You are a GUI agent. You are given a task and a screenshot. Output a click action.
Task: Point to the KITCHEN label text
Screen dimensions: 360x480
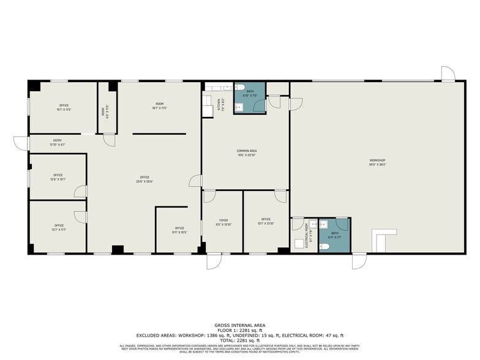click(219, 106)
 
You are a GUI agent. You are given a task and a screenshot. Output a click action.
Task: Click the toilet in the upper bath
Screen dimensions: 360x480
click(243, 86)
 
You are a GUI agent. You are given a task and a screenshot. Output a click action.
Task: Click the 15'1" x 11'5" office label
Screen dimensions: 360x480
click(64, 108)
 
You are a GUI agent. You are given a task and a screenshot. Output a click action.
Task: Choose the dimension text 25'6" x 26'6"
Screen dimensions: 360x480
click(144, 181)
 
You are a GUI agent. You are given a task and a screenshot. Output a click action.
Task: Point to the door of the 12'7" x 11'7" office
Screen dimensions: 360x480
click(80, 216)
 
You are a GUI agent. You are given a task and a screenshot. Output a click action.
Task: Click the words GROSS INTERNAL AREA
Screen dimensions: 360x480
click(239, 324)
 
